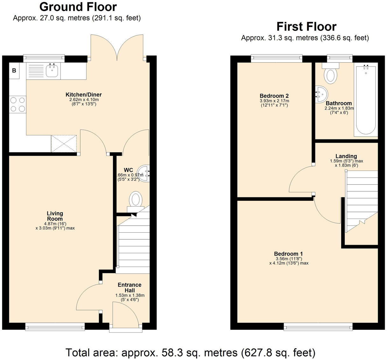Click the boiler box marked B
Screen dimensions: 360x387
click(14, 70)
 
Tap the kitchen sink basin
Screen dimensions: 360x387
click(52, 71)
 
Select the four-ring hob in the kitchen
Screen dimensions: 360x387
click(18, 104)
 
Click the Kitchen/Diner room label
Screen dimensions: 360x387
click(83, 95)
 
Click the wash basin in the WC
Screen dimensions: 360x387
click(144, 173)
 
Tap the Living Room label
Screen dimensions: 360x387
click(55, 216)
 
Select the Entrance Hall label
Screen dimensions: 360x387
click(130, 287)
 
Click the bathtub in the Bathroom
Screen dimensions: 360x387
click(366, 100)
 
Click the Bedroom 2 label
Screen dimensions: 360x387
click(274, 96)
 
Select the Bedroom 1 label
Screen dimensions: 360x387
click(288, 254)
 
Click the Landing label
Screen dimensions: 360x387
click(346, 156)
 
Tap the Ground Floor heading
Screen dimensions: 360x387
click(78, 7)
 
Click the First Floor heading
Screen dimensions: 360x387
click(306, 26)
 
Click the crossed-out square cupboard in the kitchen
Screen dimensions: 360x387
click(64, 143)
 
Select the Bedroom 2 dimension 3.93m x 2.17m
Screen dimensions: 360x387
click(274, 101)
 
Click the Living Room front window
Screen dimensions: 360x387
click(55, 326)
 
